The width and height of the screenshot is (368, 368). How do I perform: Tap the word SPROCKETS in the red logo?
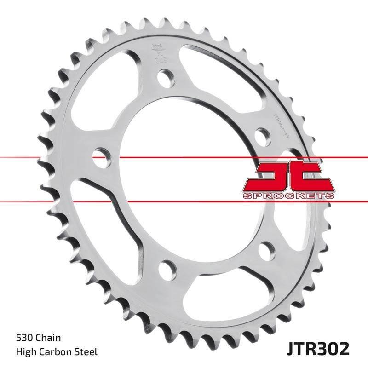(288, 195)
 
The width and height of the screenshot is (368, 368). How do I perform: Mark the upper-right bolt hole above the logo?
(262, 136)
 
